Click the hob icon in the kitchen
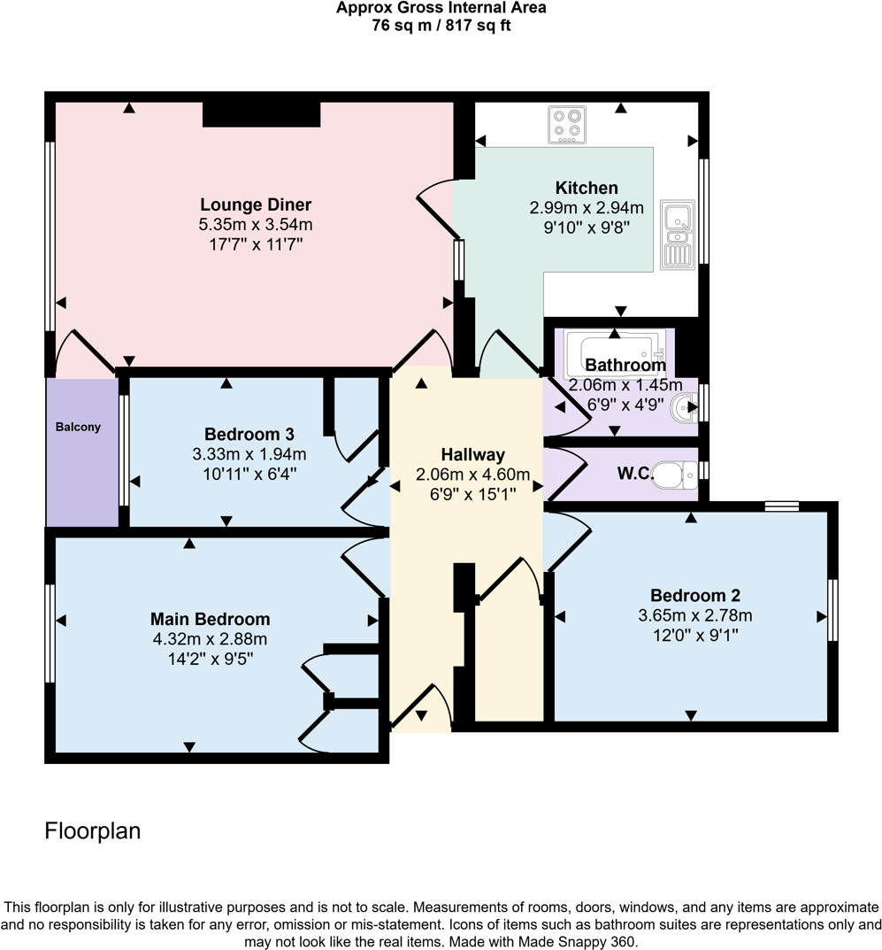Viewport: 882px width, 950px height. (567, 125)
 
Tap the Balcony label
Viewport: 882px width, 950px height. (79, 427)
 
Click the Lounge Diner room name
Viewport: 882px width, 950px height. (256, 205)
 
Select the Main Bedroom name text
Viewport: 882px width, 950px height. (210, 619)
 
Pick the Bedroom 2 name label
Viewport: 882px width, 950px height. (695, 595)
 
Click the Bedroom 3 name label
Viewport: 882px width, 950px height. (249, 435)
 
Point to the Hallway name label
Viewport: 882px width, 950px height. (472, 455)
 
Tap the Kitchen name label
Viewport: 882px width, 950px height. (586, 188)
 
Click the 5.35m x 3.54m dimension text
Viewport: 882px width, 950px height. (256, 225)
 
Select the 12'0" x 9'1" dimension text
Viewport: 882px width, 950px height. (695, 634)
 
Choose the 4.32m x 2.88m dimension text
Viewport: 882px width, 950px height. (210, 638)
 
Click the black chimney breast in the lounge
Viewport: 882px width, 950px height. (261, 114)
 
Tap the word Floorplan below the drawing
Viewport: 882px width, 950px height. (93, 831)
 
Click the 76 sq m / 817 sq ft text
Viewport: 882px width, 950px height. (441, 25)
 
